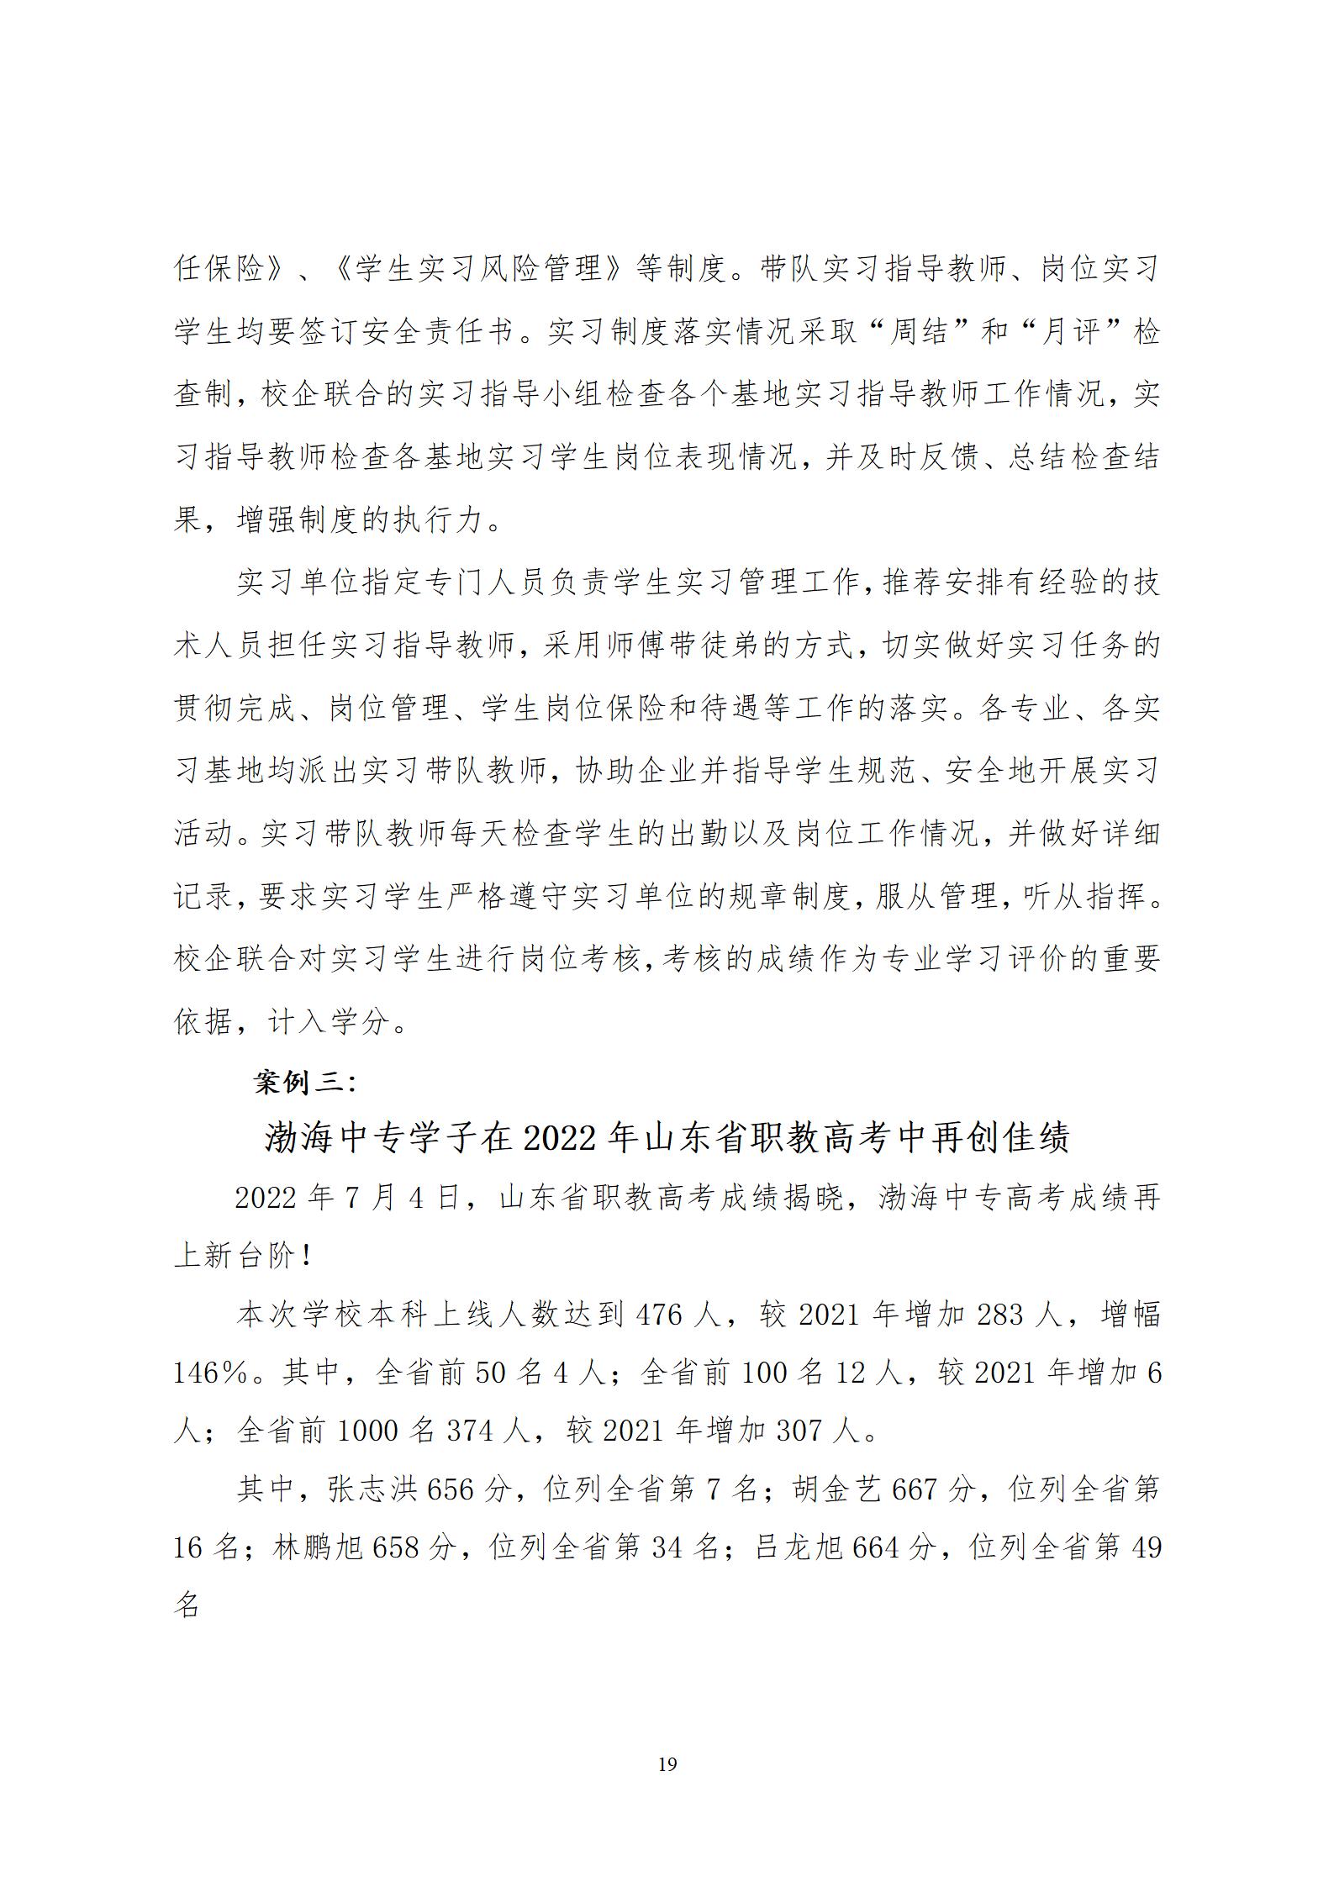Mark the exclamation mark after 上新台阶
click(x=308, y=1257)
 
